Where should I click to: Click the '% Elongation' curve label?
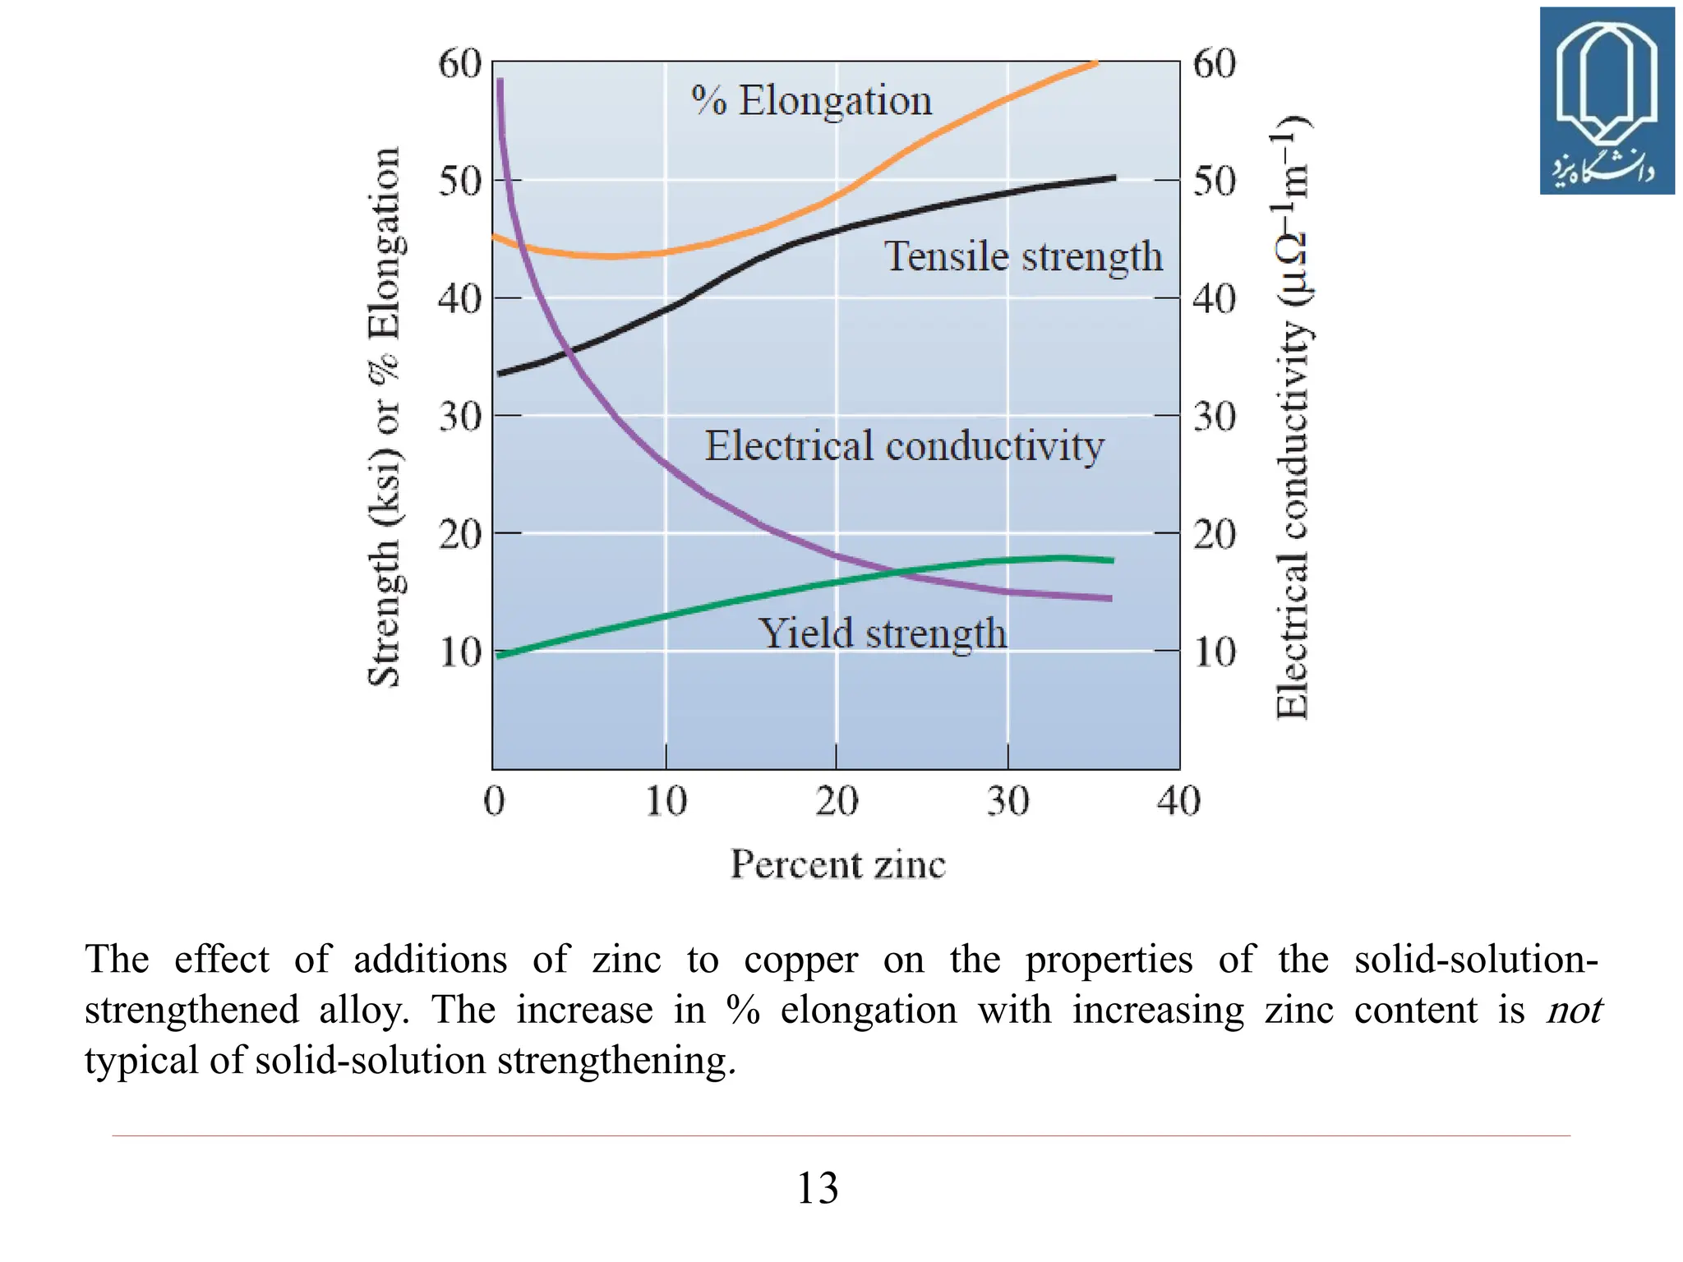(811, 101)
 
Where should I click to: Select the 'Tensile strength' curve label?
(1022, 256)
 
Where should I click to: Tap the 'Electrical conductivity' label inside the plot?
(904, 446)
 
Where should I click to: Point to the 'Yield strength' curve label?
(882, 633)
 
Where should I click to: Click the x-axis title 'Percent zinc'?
(838, 864)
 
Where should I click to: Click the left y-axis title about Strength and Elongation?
(384, 417)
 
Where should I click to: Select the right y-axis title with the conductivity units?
(1293, 417)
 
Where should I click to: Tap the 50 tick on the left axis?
(459, 181)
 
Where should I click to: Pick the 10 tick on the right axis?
(1215, 652)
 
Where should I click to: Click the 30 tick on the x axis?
(1007, 800)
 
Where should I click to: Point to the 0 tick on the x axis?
(494, 800)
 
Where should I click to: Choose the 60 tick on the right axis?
(1215, 63)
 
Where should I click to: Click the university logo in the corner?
(1607, 101)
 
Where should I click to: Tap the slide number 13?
(818, 1188)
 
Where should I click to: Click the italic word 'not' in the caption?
(1574, 1010)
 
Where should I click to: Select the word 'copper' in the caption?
(800, 960)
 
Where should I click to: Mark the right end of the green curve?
(1112, 560)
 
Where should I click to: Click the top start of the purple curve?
(500, 81)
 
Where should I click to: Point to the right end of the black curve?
(1114, 177)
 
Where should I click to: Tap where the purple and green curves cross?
(896, 572)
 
